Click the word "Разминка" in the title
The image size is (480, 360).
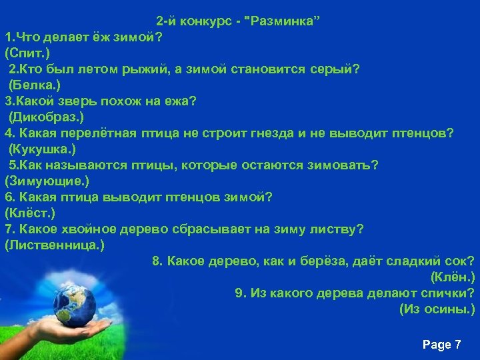click(x=283, y=20)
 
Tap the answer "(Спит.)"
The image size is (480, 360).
click(x=26, y=52)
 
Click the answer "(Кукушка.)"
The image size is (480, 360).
click(x=42, y=149)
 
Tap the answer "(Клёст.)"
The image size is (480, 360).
click(x=29, y=213)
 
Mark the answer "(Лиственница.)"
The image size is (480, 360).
click(x=54, y=245)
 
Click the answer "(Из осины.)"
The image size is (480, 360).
click(x=437, y=309)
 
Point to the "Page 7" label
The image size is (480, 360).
click(x=442, y=345)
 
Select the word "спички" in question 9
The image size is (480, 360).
click(x=447, y=293)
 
